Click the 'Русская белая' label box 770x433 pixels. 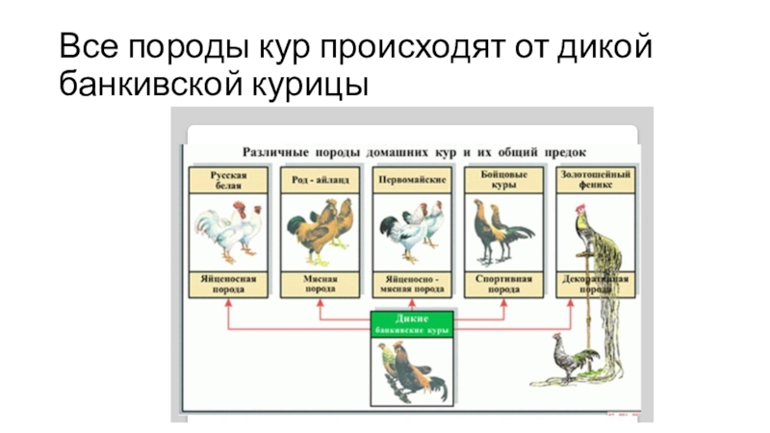tap(230, 180)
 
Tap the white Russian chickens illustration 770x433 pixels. tap(228, 231)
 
